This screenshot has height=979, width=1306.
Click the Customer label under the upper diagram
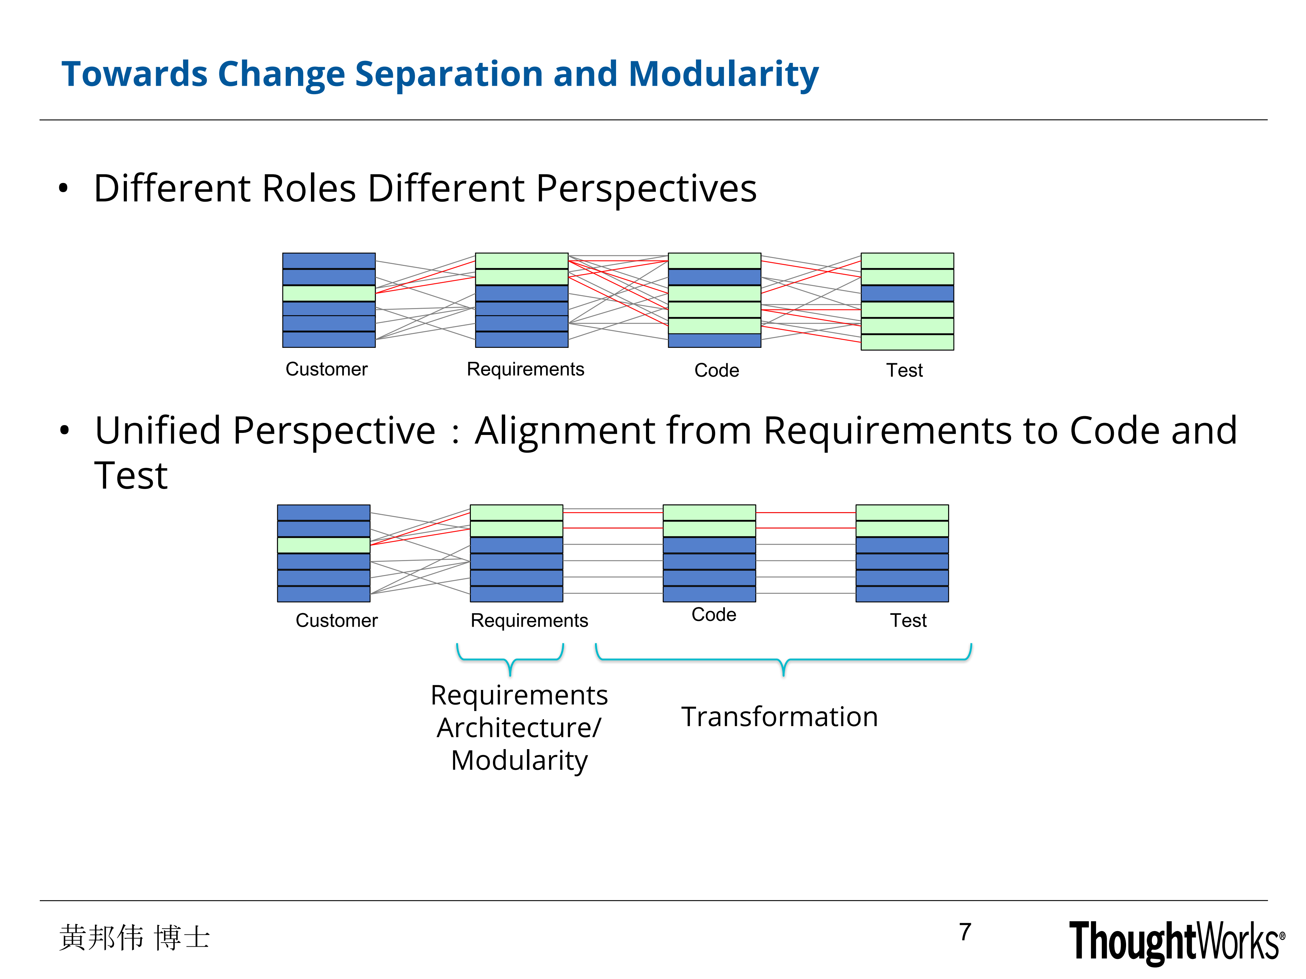coord(327,369)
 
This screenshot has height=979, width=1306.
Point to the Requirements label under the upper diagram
coord(526,369)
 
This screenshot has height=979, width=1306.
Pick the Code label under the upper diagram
coord(717,371)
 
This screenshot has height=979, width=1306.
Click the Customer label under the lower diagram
coord(336,621)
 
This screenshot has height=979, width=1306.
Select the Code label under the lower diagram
coord(714,615)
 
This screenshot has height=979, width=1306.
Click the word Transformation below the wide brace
coord(779,717)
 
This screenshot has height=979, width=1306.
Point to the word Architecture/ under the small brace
coord(519,728)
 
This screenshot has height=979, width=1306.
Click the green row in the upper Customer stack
coord(329,293)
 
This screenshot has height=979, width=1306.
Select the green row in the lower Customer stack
coord(324,545)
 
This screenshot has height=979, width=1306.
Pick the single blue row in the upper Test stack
coord(908,293)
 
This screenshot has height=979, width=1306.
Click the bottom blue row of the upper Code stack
coord(714,340)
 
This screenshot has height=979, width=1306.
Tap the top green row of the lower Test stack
coord(902,512)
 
